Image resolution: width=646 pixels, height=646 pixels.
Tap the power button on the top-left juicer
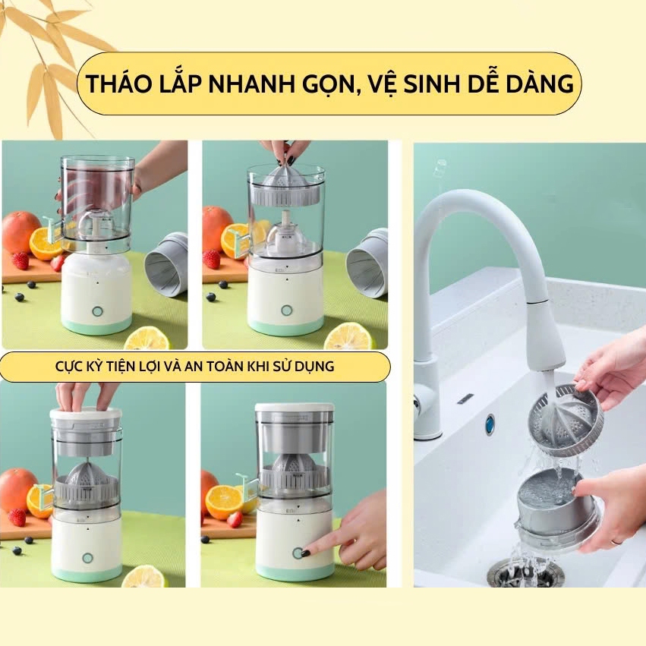(97, 311)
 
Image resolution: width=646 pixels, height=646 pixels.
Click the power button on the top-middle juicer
(286, 310)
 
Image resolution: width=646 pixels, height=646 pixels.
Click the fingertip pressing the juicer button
(305, 553)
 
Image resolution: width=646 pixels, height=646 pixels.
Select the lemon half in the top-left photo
(147, 338)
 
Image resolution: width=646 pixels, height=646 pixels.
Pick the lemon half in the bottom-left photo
(144, 576)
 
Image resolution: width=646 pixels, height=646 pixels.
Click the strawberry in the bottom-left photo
(17, 518)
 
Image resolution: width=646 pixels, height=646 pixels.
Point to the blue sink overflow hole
(490, 424)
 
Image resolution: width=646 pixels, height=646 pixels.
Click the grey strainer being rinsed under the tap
(565, 421)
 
